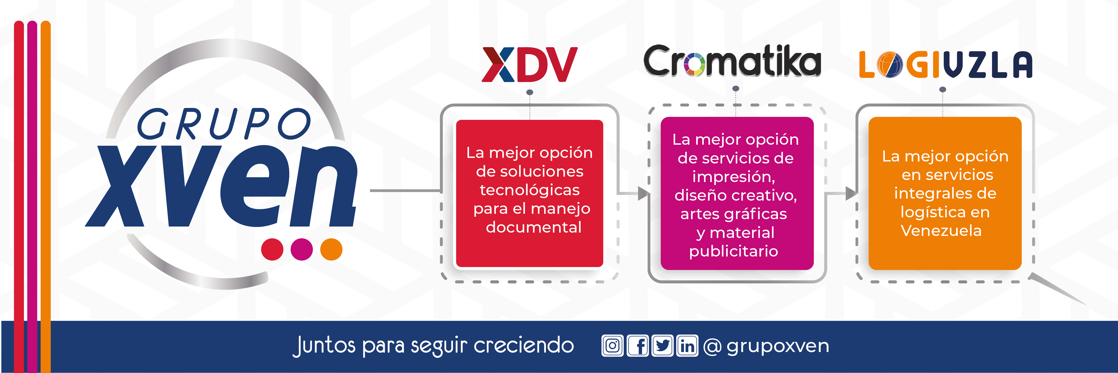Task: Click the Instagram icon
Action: [612, 346]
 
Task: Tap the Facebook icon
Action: [638, 346]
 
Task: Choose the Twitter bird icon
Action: [662, 346]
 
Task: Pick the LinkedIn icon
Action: [687, 346]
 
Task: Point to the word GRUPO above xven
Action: [224, 124]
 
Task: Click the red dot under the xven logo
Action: [272, 249]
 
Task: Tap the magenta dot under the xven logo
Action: [302, 249]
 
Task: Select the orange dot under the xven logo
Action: [331, 249]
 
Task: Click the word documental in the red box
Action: [533, 227]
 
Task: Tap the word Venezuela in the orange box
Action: [941, 231]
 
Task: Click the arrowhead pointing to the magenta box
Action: [643, 193]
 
